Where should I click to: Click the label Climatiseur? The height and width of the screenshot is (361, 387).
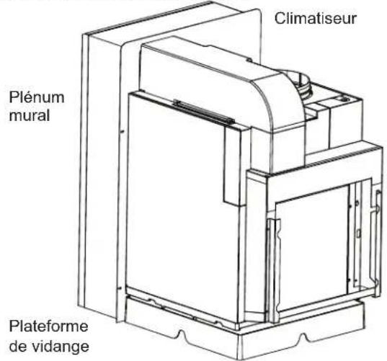pyautogui.click(x=316, y=19)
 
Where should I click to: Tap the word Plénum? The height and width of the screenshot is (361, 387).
pyautogui.click(x=37, y=97)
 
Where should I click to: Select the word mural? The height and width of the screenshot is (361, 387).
pyautogui.click(x=30, y=115)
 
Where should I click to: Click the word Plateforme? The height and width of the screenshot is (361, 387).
pyautogui.click(x=48, y=326)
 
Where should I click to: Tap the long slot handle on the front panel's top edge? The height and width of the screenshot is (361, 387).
pyautogui.click(x=204, y=112)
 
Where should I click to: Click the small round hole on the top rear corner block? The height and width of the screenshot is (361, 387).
pyautogui.click(x=344, y=99)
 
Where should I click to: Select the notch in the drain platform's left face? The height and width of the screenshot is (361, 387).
pyautogui.click(x=182, y=336)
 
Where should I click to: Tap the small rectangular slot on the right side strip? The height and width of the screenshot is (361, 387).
pyautogui.click(x=358, y=233)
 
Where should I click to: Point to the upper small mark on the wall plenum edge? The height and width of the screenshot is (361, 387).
pyautogui.click(x=122, y=132)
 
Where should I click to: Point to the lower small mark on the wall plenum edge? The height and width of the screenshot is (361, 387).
pyautogui.click(x=119, y=288)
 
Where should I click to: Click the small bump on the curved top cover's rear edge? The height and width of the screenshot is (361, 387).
pyautogui.click(x=249, y=60)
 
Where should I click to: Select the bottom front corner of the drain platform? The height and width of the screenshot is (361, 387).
pyautogui.click(x=239, y=360)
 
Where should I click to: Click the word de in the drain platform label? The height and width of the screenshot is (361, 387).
pyautogui.click(x=19, y=346)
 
